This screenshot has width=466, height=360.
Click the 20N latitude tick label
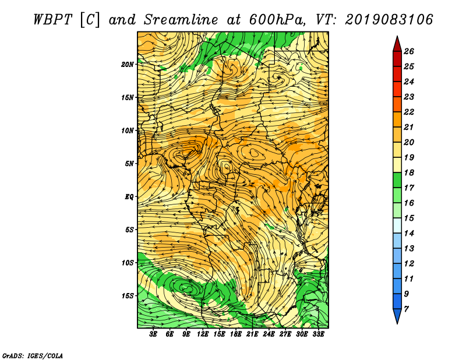(128, 65)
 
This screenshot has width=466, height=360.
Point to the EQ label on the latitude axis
(129, 197)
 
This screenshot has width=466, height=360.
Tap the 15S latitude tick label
(128, 296)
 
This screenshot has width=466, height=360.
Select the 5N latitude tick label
(129, 164)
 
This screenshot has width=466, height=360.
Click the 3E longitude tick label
(153, 334)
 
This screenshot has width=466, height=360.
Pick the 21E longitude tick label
(252, 334)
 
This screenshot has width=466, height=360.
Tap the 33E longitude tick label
(318, 334)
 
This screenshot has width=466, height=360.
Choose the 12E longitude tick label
(203, 334)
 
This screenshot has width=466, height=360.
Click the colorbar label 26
(409, 51)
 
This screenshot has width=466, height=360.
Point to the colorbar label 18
(409, 172)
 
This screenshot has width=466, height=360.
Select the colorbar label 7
(406, 309)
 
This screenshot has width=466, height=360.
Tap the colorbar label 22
(409, 112)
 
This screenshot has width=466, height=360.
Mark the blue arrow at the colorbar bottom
(397, 315)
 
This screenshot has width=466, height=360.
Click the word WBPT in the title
(52, 20)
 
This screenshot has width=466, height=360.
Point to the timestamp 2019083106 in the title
(389, 20)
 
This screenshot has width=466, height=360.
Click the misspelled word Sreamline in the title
(181, 20)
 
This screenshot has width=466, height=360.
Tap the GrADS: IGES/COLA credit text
(33, 355)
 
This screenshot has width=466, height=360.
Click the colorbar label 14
(409, 234)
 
